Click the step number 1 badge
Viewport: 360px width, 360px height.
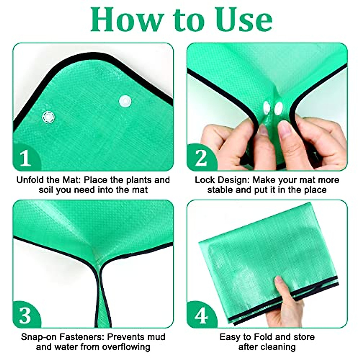(x=25, y=158)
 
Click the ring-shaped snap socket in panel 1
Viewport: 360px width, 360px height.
(x=48, y=117)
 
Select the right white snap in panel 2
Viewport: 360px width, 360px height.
(x=279, y=108)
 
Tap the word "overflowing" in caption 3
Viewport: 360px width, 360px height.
(x=126, y=347)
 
